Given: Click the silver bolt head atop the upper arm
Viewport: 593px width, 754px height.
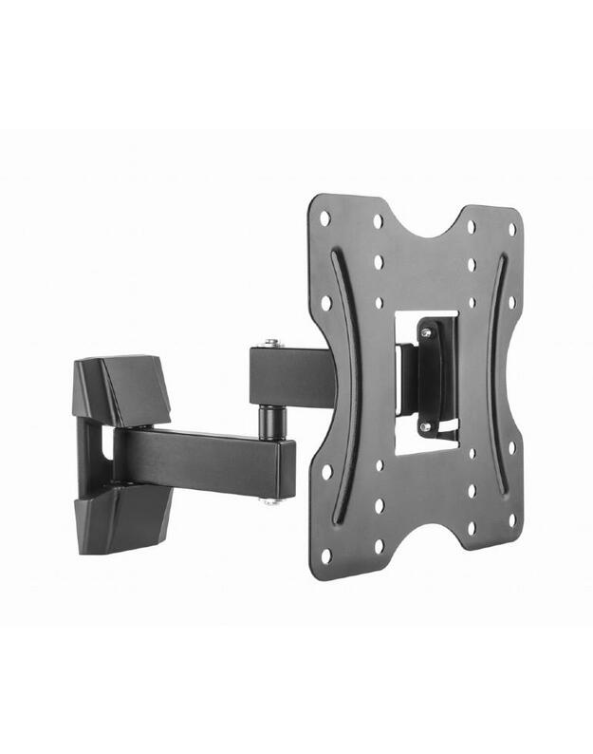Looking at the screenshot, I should [271, 343].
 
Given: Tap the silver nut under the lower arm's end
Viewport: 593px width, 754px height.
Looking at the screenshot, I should [272, 499].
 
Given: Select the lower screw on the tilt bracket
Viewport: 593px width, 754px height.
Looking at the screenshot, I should [426, 426].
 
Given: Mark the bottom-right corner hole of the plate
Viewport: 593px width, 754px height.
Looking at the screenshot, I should [511, 519].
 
